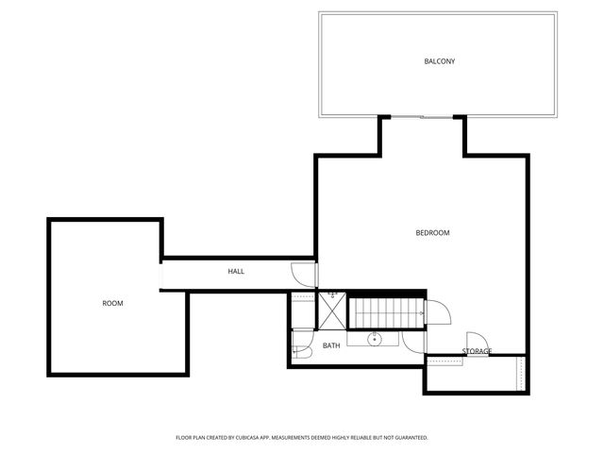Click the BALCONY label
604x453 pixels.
pyautogui.click(x=439, y=62)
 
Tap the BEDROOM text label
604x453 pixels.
pyautogui.click(x=432, y=233)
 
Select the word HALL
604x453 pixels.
pyautogui.click(x=236, y=272)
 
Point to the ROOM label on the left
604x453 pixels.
pyautogui.click(x=112, y=303)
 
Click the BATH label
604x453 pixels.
pyautogui.click(x=331, y=345)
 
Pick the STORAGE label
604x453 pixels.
pyautogui.click(x=477, y=351)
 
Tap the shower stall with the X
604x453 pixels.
pyautogui.click(x=332, y=309)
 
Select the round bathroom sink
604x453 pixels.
pyautogui.click(x=374, y=338)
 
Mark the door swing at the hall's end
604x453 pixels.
pyautogui.click(x=303, y=274)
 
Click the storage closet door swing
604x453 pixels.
pyautogui.click(x=476, y=342)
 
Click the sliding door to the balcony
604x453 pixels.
pyautogui.click(x=421, y=117)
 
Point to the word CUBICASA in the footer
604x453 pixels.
pyautogui.click(x=263, y=438)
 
